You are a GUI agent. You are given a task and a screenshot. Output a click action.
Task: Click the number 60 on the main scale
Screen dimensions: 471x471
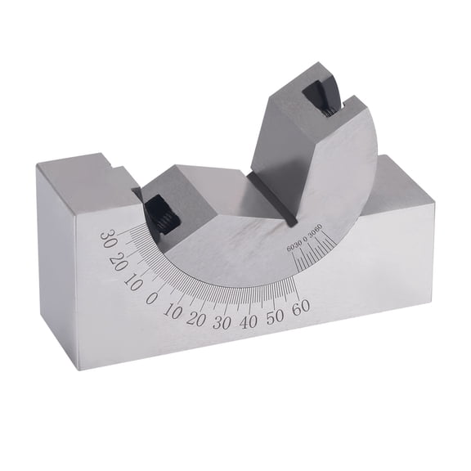299,308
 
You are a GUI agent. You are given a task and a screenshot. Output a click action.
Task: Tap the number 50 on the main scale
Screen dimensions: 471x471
276,316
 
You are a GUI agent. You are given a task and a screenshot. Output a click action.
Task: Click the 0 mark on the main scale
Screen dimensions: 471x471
152,298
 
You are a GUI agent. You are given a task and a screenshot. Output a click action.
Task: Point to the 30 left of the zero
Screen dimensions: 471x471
106,238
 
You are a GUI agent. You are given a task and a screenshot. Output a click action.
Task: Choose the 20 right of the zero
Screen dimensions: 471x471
196,318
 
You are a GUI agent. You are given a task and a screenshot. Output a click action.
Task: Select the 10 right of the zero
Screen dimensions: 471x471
173,311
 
